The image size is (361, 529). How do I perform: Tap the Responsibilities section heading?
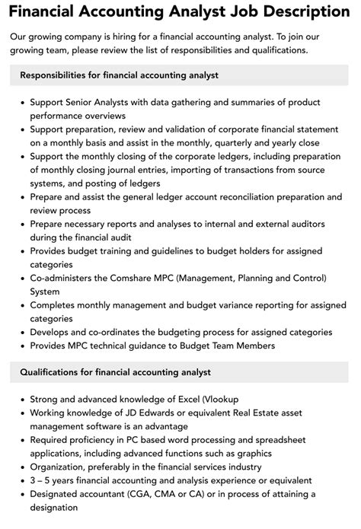tap(120, 75)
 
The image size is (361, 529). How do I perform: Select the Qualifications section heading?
tap(115, 372)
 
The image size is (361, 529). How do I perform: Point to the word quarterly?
tap(229, 142)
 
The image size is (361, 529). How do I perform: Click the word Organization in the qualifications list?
tap(60, 467)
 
